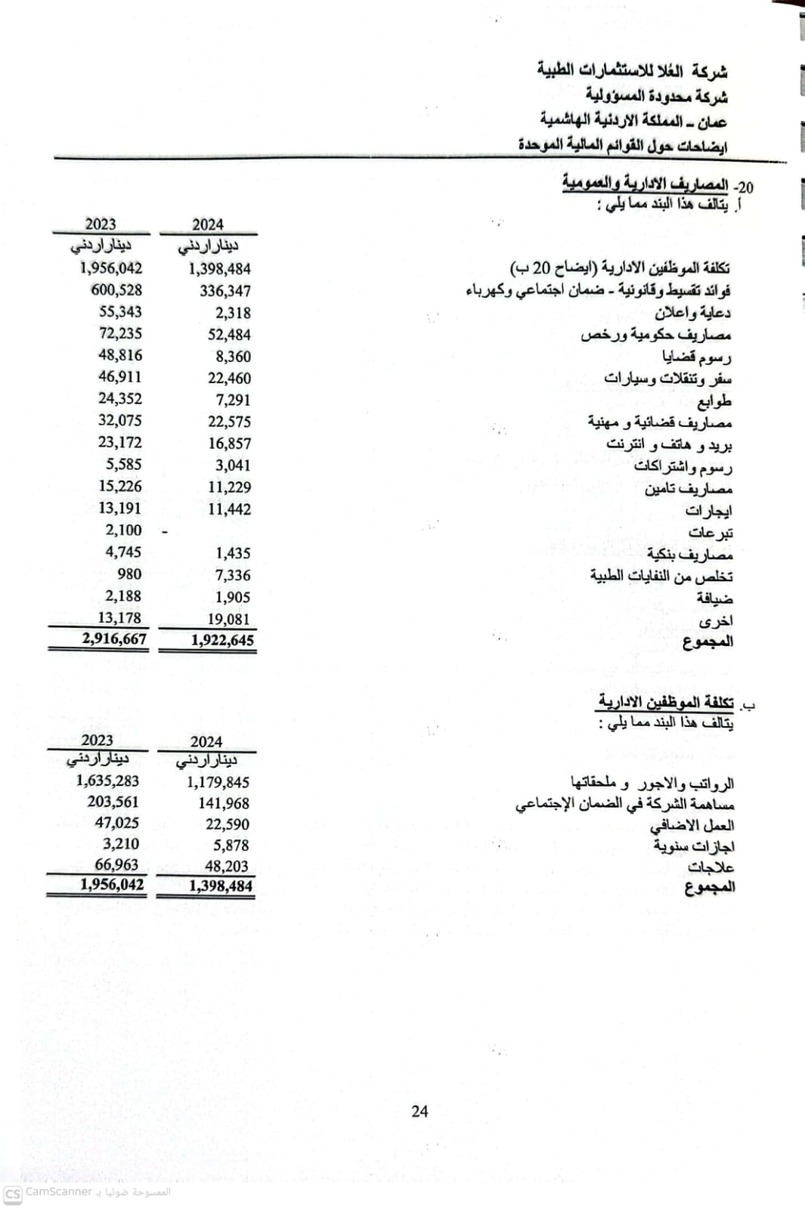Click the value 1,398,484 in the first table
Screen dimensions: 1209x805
(220, 269)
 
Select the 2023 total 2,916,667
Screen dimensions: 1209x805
(114, 639)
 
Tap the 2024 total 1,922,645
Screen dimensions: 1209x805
(222, 640)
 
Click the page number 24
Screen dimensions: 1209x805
(420, 1111)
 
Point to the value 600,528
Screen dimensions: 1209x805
(116, 290)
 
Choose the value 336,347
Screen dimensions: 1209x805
(225, 291)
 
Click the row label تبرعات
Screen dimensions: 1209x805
(710, 532)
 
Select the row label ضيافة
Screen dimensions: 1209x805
(714, 598)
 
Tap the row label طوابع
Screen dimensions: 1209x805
(714, 400)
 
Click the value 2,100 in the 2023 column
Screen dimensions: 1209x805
(123, 530)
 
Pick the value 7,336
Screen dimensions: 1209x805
(233, 575)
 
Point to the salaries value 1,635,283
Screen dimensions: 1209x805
(107, 781)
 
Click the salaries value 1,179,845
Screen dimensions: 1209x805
(218, 782)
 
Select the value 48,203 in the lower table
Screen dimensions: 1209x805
(227, 866)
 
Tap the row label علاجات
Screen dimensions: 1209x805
(711, 867)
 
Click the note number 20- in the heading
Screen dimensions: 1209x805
(745, 187)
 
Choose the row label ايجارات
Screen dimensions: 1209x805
(708, 511)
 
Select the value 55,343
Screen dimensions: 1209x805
(120, 312)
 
